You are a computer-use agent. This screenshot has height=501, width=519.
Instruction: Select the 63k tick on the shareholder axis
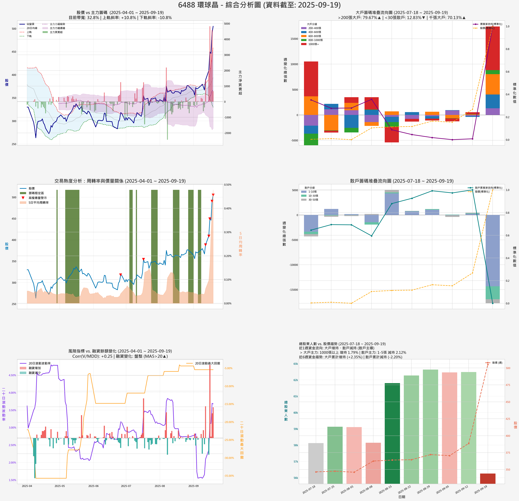coord(295,364)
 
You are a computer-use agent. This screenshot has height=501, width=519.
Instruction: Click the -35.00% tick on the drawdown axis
coord(229,476)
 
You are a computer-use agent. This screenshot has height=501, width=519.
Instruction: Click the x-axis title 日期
coord(402,497)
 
